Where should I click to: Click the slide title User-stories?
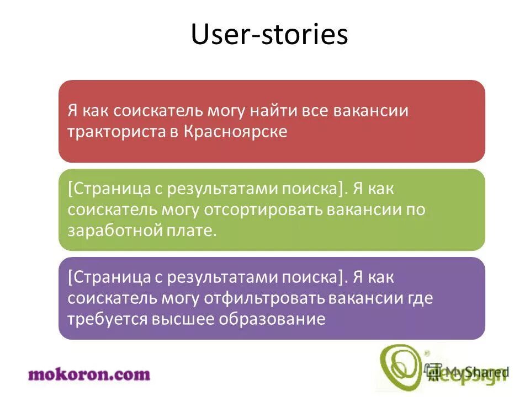[269, 35]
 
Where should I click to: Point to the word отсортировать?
[263, 210]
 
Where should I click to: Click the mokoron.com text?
[89, 374]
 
